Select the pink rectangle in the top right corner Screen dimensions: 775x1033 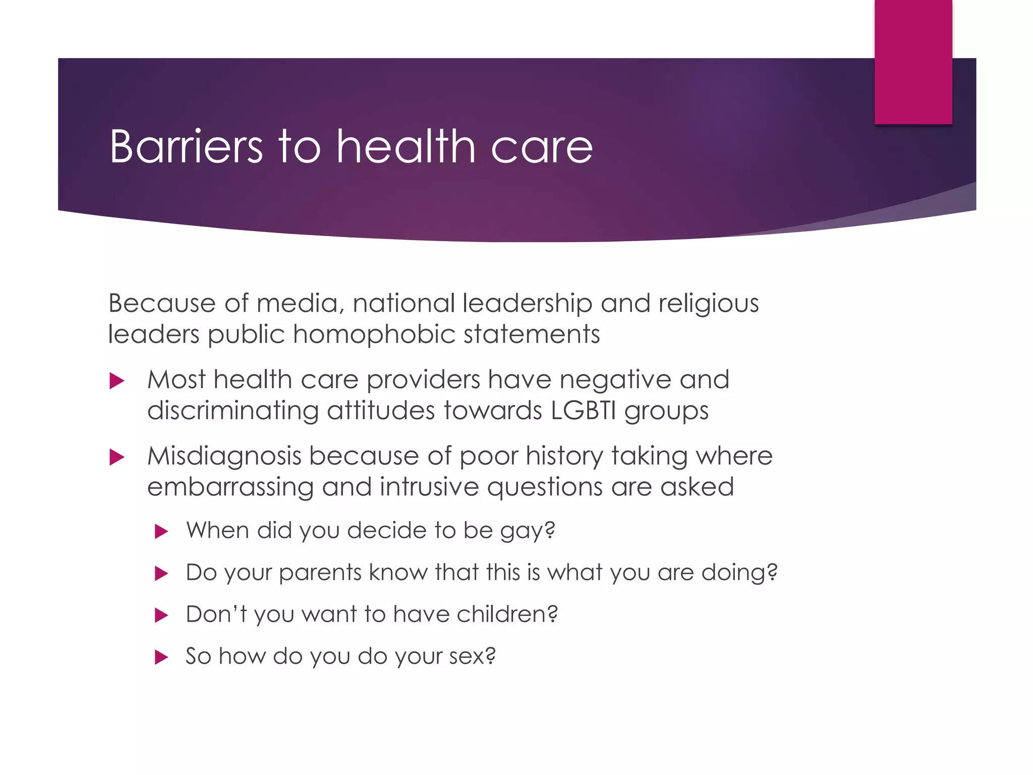click(x=913, y=62)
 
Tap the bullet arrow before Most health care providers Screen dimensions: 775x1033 click(x=117, y=381)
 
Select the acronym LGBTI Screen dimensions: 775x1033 click(x=584, y=410)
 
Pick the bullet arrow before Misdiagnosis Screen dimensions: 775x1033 click(x=117, y=458)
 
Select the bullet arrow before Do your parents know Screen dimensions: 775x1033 click(x=161, y=574)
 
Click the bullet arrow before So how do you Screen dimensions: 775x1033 click(x=161, y=657)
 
